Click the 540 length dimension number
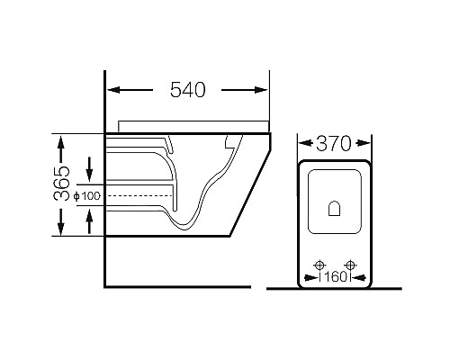[188, 89]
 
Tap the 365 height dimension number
[61, 183]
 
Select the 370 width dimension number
[333, 143]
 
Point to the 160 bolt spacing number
[336, 276]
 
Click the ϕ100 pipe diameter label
[87, 196]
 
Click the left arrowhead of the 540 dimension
[114, 90]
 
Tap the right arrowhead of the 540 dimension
[260, 90]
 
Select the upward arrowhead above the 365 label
[61, 142]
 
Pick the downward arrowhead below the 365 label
[61, 228]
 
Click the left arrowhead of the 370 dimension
[305, 143]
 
